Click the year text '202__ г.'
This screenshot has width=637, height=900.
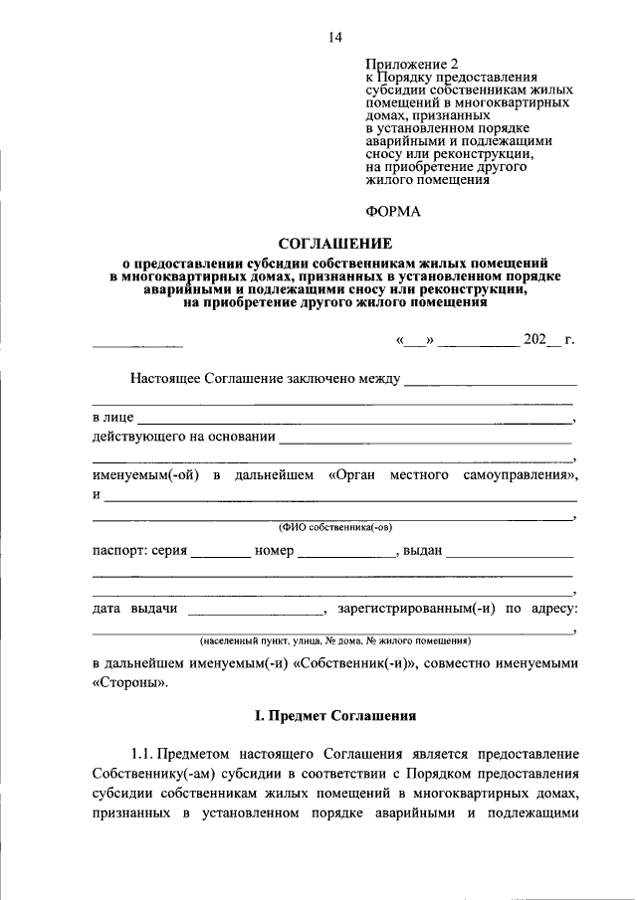tap(549, 340)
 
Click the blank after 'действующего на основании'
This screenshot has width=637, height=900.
tap(426, 439)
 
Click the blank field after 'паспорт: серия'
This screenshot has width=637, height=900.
tap(220, 553)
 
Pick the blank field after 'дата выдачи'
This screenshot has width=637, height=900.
tap(255, 610)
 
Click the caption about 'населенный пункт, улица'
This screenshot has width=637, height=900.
tap(334, 641)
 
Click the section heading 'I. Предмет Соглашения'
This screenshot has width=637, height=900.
tap(334, 716)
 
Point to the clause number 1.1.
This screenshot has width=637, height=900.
tap(145, 755)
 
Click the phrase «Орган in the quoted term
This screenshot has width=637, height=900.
tap(352, 476)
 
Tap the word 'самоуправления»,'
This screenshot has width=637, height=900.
tap(521, 476)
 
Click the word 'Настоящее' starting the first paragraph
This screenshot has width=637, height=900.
tap(165, 379)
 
